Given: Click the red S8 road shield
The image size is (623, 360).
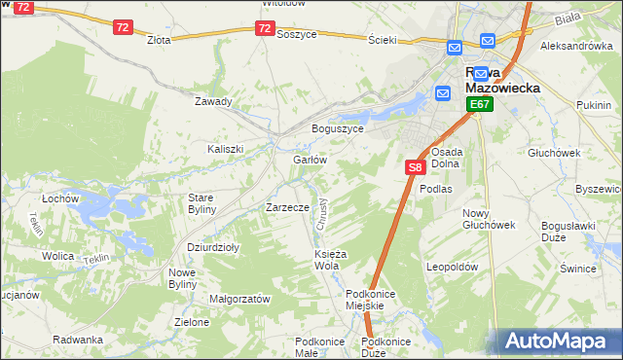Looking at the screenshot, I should [415, 167].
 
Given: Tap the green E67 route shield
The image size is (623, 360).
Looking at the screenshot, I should [478, 104].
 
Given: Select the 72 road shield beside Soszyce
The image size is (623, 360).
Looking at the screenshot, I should [265, 29].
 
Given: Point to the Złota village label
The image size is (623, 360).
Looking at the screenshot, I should [159, 40].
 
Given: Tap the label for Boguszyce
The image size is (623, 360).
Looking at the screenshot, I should [337, 128].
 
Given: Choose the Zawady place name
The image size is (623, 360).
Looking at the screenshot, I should [213, 101].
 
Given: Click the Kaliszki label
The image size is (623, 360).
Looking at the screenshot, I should [224, 149].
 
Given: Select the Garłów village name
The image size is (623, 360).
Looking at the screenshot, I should [309, 159].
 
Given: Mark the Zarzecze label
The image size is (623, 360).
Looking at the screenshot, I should [287, 207].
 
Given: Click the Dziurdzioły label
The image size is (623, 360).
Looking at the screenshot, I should [212, 247].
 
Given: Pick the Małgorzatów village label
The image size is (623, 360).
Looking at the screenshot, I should [239, 300].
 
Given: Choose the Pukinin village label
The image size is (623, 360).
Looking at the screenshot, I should [594, 104].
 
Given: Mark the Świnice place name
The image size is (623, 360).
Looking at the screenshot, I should [578, 267].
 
